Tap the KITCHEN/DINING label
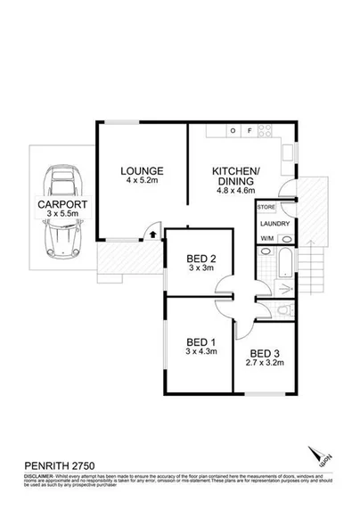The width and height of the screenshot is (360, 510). point(234,176)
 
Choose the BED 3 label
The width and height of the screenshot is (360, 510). point(265,352)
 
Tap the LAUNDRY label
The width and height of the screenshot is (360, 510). point(274,224)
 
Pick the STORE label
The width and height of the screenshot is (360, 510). point(266,207)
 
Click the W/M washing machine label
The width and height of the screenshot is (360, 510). point(267,240)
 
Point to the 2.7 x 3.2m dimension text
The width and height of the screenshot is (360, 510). point(265,363)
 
